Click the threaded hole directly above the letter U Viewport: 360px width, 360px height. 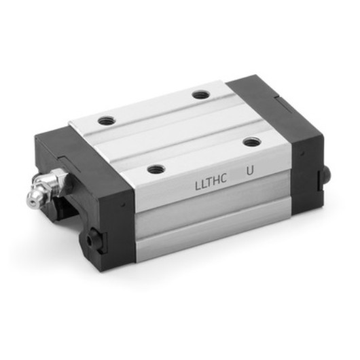coord(251,142)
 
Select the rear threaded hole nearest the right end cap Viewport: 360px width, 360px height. coord(199,95)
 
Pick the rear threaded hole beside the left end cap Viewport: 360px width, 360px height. coord(107,120)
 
